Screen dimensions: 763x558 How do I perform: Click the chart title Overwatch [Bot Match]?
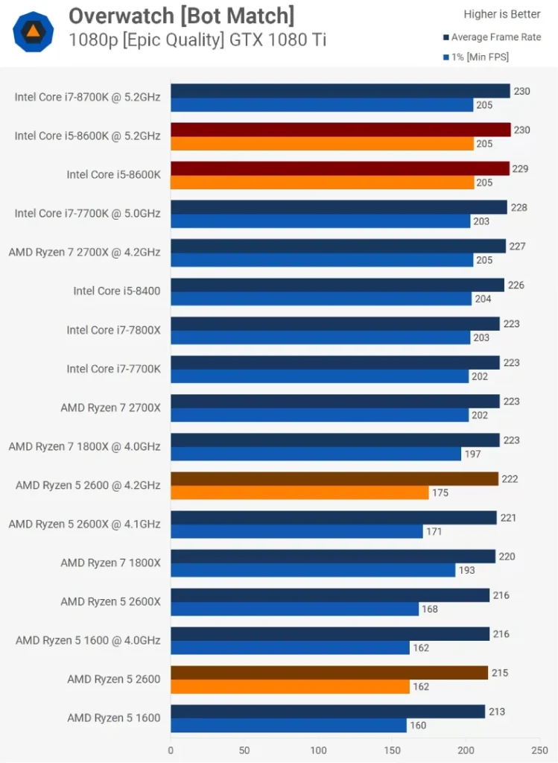click(x=181, y=15)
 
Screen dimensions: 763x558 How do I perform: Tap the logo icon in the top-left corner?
click(x=33, y=32)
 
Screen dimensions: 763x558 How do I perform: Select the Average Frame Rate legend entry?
click(x=495, y=37)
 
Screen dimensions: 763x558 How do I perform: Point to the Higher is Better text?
click(x=502, y=14)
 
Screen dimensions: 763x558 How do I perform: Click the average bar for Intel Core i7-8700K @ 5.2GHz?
click(x=340, y=91)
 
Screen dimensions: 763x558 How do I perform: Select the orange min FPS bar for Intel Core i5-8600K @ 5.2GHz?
click(x=322, y=144)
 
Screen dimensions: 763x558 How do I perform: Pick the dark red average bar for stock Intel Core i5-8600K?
click(x=340, y=168)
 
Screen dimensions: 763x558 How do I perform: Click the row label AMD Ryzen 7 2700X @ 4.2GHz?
click(x=84, y=253)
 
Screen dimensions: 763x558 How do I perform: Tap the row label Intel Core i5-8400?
click(x=116, y=291)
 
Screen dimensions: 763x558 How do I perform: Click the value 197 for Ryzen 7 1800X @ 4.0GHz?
click(x=472, y=454)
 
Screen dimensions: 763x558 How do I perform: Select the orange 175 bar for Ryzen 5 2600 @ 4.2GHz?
click(x=299, y=493)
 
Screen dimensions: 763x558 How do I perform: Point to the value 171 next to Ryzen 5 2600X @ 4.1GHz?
click(x=434, y=531)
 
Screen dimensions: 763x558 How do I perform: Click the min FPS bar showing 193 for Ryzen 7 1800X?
click(x=313, y=570)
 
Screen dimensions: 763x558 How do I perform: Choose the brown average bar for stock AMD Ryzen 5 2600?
click(x=329, y=673)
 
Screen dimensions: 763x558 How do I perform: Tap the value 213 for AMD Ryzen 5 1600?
click(x=496, y=712)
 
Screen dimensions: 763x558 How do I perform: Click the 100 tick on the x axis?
click(x=318, y=750)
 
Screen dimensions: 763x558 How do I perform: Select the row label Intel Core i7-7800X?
click(x=113, y=330)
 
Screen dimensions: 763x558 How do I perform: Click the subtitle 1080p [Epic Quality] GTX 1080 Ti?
click(x=197, y=40)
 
